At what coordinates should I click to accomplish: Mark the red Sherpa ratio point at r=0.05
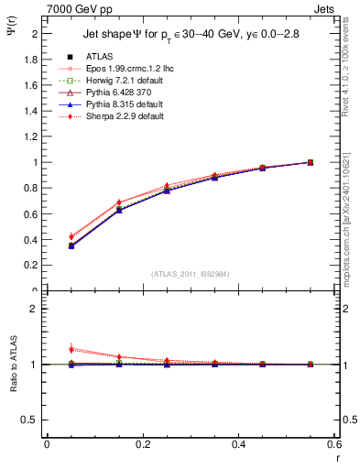[71, 348]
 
